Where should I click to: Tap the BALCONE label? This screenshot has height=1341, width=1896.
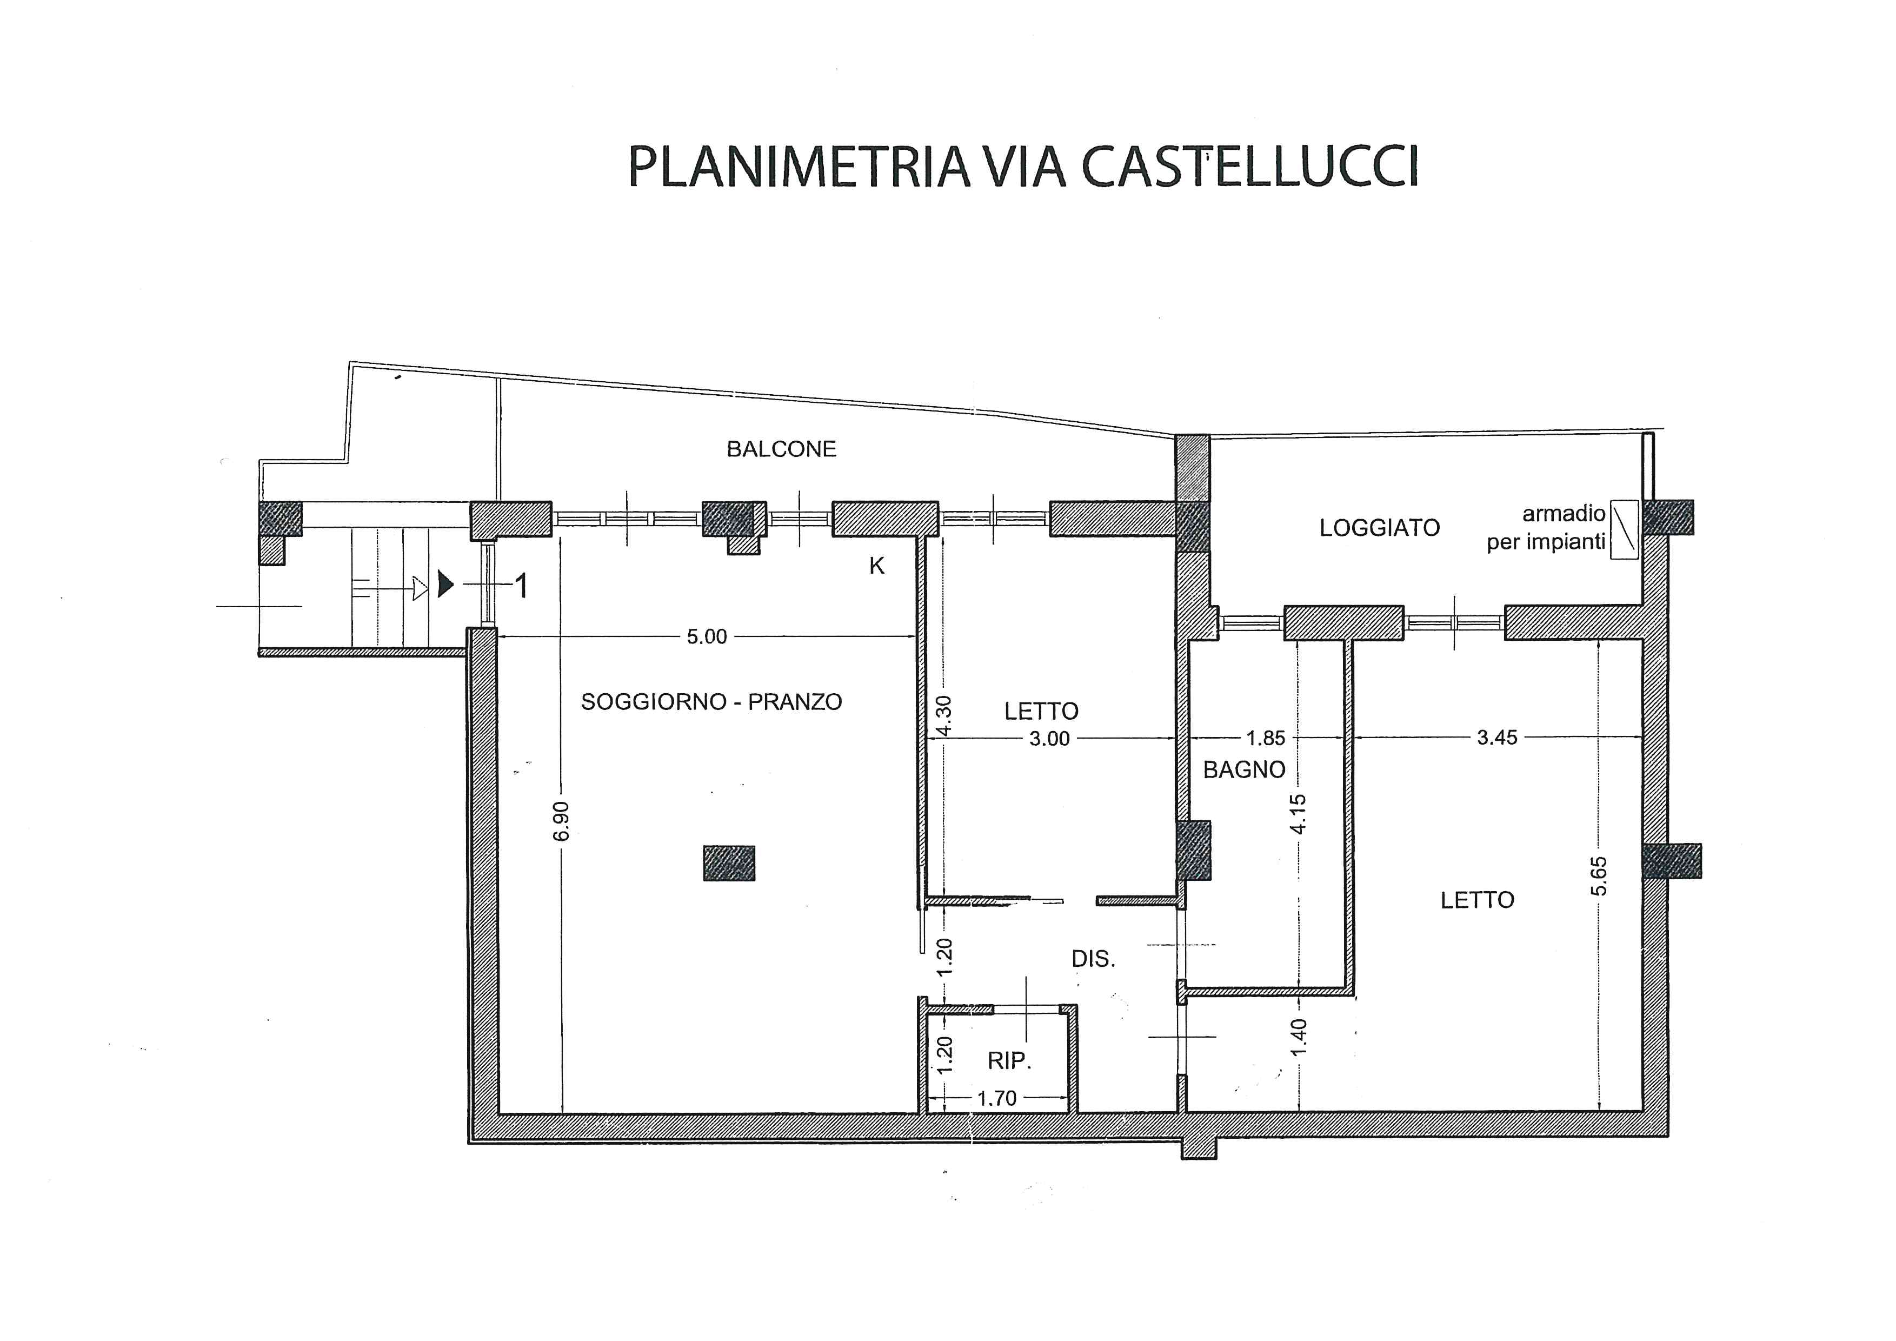click(781, 449)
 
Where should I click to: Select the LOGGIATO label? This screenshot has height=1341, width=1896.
click(1379, 528)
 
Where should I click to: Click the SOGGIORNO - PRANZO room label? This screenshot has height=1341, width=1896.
click(711, 702)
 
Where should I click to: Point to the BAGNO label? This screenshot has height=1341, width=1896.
click(1243, 769)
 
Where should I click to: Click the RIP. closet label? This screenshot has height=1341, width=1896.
click(1009, 1060)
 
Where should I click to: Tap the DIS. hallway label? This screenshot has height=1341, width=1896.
click(1093, 959)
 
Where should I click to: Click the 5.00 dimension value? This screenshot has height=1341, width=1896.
click(706, 636)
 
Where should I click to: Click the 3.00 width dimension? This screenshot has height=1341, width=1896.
click(1049, 738)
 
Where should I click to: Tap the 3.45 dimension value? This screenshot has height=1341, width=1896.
click(1496, 738)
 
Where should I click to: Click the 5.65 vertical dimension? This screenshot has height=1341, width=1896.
click(1599, 876)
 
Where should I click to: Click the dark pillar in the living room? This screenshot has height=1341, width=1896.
click(728, 863)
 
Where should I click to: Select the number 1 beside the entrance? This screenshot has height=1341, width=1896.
click(521, 586)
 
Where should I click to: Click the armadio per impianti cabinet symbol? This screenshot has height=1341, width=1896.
click(1624, 529)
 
